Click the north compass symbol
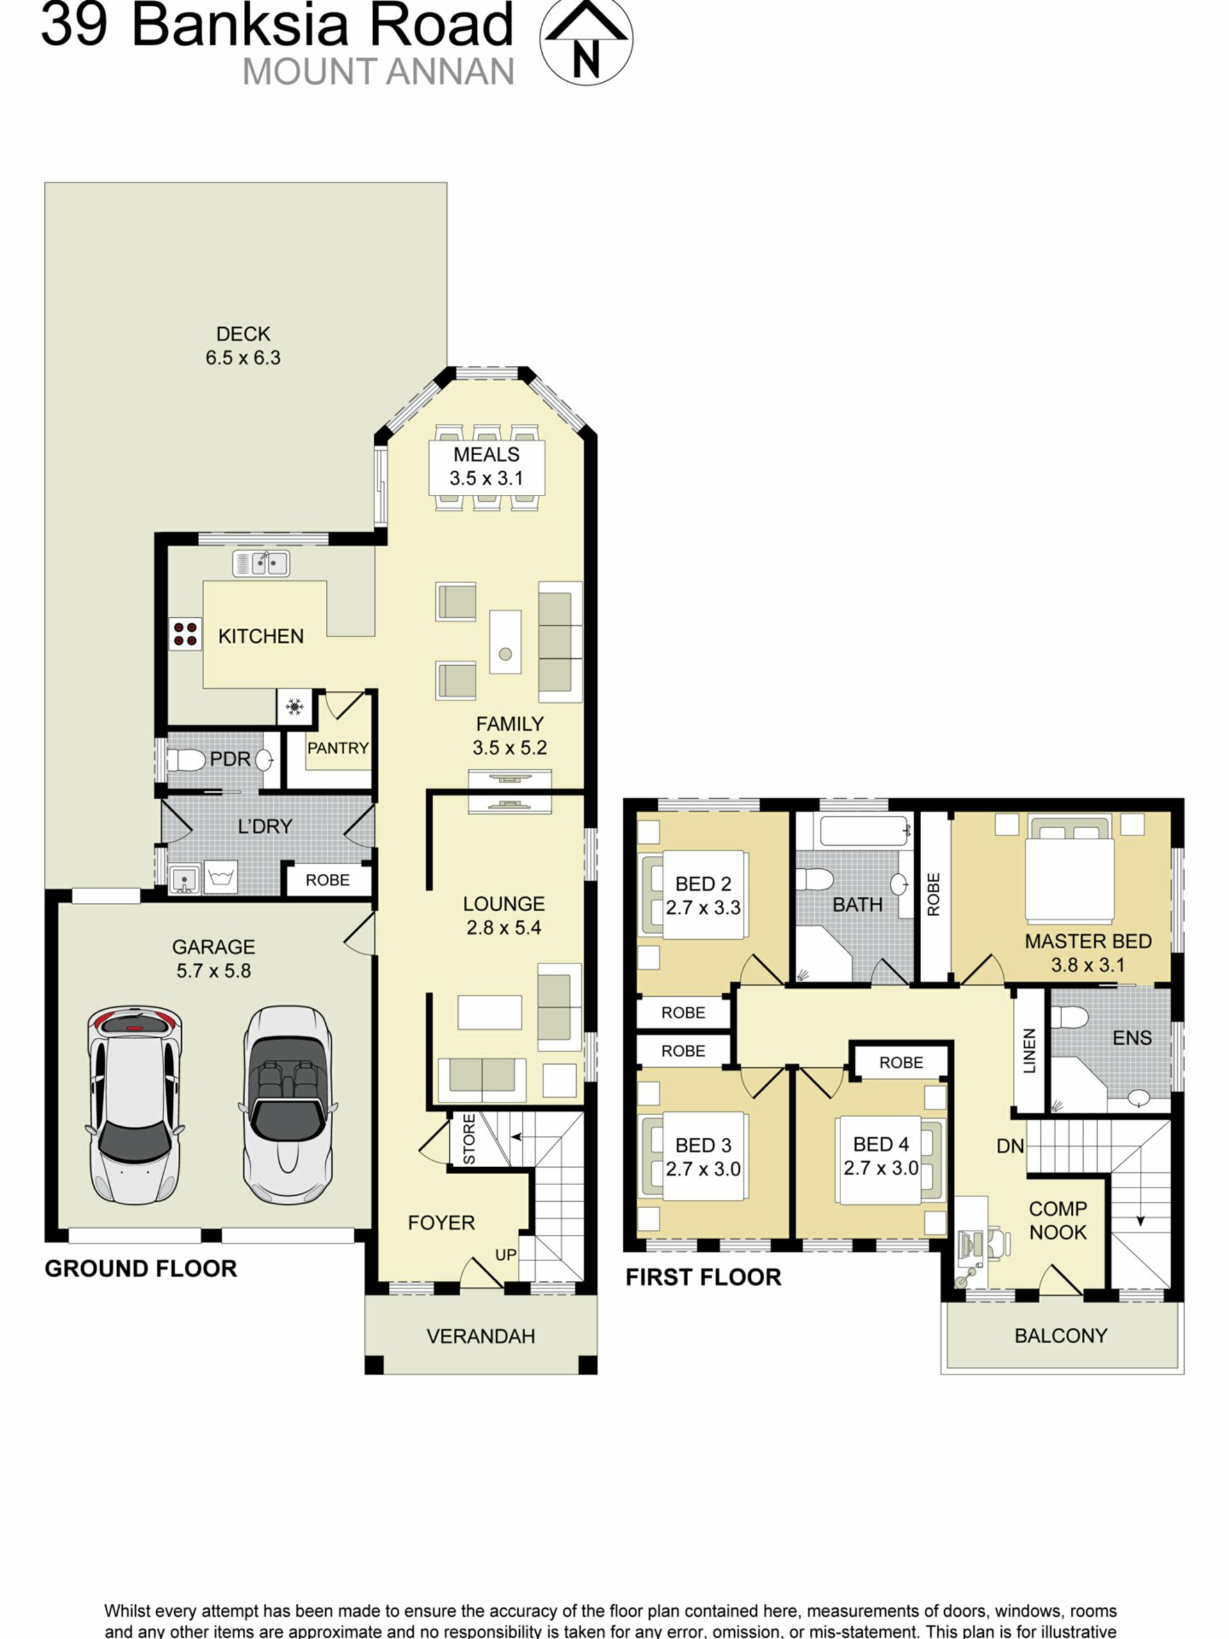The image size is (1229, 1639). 585,42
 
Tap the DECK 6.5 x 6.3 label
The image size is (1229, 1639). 243,346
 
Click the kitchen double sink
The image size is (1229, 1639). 261,563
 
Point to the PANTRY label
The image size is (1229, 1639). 338,748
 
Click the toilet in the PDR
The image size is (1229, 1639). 186,759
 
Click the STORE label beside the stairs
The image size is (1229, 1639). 469,1139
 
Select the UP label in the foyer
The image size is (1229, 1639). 506,1254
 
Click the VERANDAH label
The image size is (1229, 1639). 481,1336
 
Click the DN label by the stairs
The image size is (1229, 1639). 1011,1146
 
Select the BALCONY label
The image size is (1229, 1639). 1061,1335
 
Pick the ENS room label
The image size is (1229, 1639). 1132,1038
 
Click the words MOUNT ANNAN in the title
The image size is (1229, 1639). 378,72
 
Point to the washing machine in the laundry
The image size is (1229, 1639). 221,877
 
